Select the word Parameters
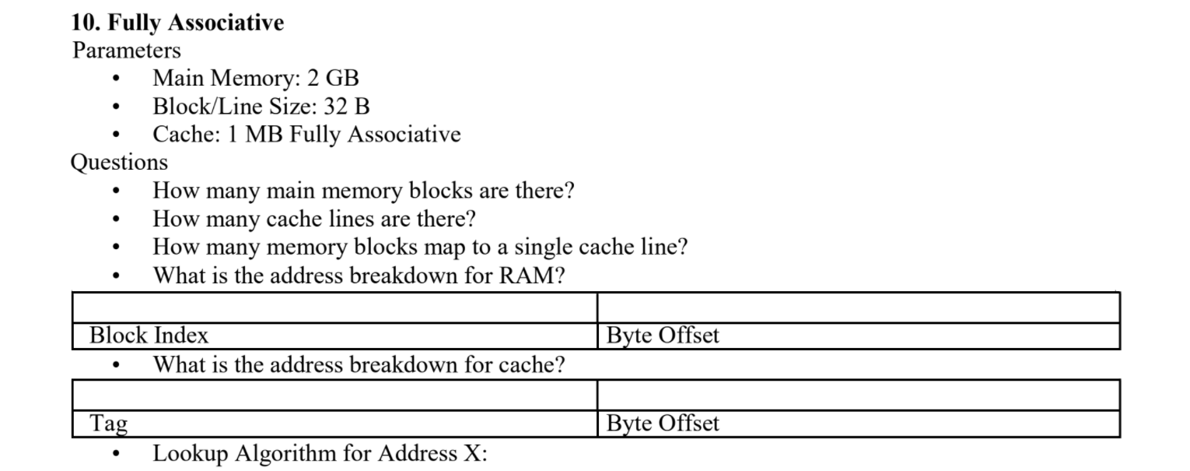(x=126, y=51)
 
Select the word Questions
(x=119, y=162)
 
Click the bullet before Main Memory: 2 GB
(x=116, y=79)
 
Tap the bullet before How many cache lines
(x=116, y=220)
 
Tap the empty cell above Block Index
(x=334, y=308)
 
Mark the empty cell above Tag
(x=334, y=395)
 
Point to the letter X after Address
(x=472, y=453)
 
